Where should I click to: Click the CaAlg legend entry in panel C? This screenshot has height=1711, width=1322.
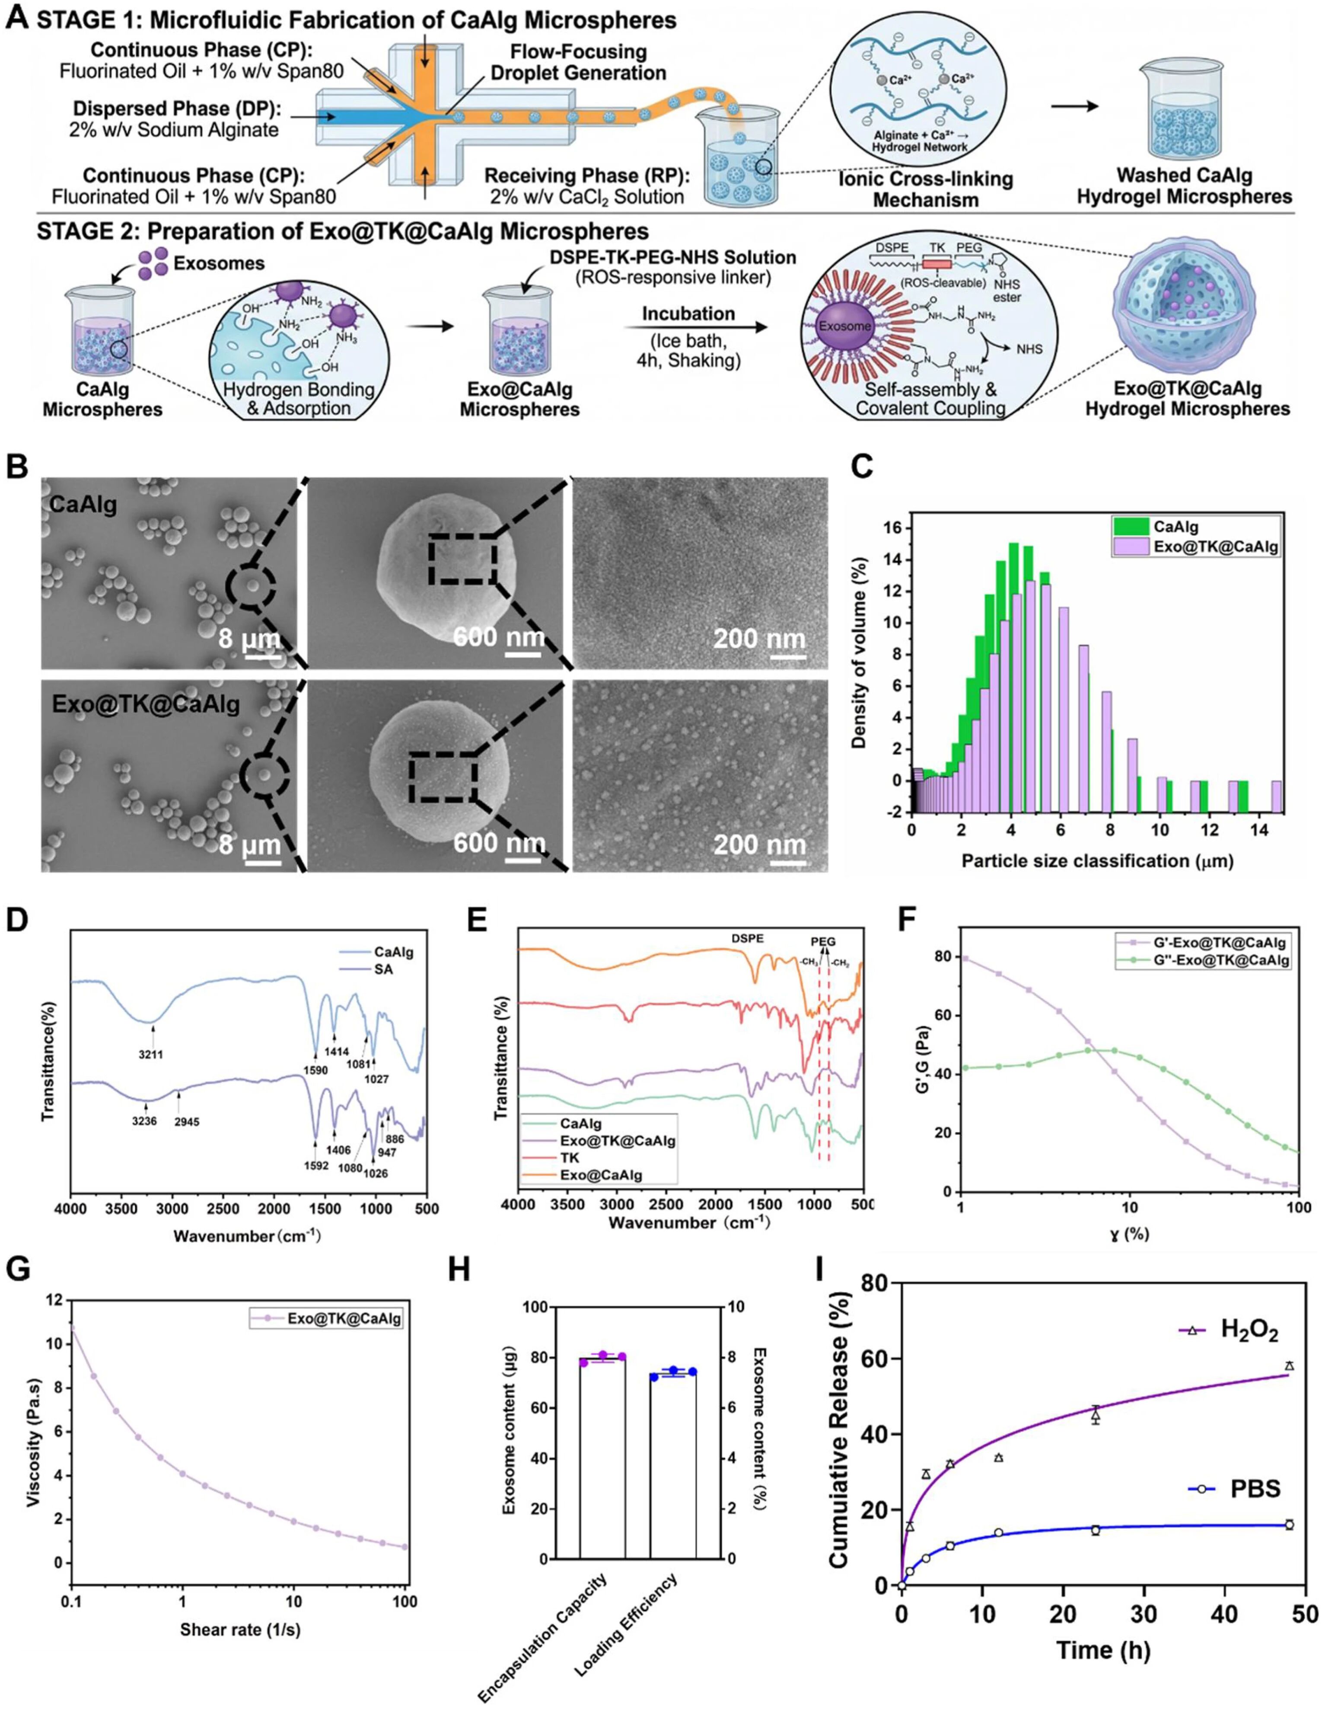[1175, 527]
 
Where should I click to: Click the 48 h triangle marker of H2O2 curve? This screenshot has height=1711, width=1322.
[1289, 1366]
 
